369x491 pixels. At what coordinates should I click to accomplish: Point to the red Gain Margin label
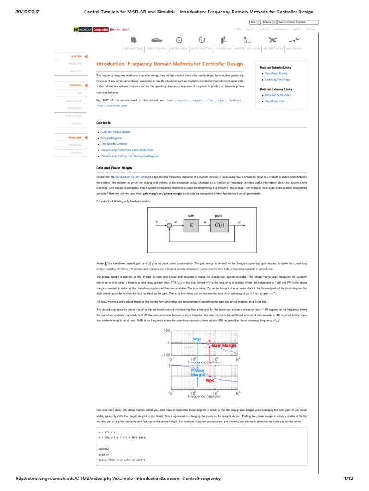(x=223, y=345)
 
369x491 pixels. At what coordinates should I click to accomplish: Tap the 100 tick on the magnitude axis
(x=167, y=331)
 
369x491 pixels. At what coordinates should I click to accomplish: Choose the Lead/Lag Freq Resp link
(x=278, y=79)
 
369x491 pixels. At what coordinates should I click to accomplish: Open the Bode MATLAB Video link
(x=278, y=95)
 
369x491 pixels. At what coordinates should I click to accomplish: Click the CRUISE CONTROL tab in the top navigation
(x=156, y=49)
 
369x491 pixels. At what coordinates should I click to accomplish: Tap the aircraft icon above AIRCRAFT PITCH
(x=273, y=40)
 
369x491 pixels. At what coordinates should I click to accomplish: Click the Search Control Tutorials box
(x=298, y=22)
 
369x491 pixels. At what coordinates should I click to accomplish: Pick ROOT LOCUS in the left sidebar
(x=74, y=101)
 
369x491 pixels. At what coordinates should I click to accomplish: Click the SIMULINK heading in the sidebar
(x=75, y=137)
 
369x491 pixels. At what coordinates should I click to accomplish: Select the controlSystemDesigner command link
(x=112, y=105)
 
